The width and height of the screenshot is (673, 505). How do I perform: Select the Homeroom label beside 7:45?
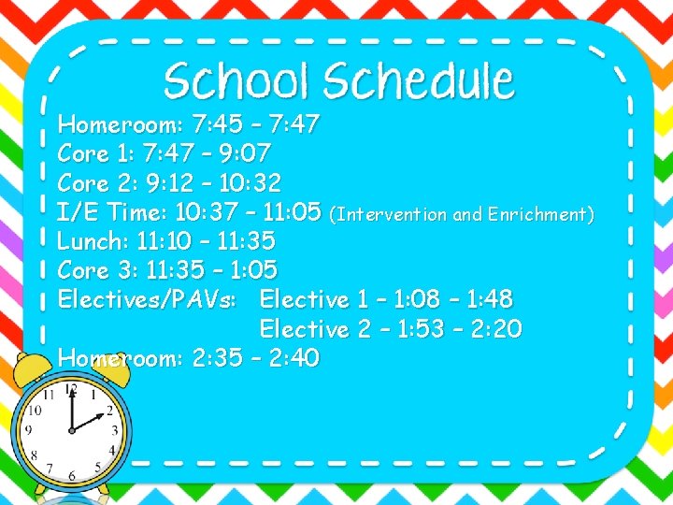pyautogui.click(x=118, y=123)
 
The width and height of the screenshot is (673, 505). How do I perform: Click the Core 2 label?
pyautogui.click(x=93, y=181)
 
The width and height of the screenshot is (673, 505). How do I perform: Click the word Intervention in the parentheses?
pyautogui.click(x=393, y=215)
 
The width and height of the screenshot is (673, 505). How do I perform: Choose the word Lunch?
pyautogui.click(x=93, y=241)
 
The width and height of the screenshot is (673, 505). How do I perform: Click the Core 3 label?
pyautogui.click(x=93, y=270)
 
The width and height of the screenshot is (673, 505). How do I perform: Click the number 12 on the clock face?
pyautogui.click(x=71, y=388)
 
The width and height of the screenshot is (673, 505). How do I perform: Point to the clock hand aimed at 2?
pyautogui.click(x=91, y=421)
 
